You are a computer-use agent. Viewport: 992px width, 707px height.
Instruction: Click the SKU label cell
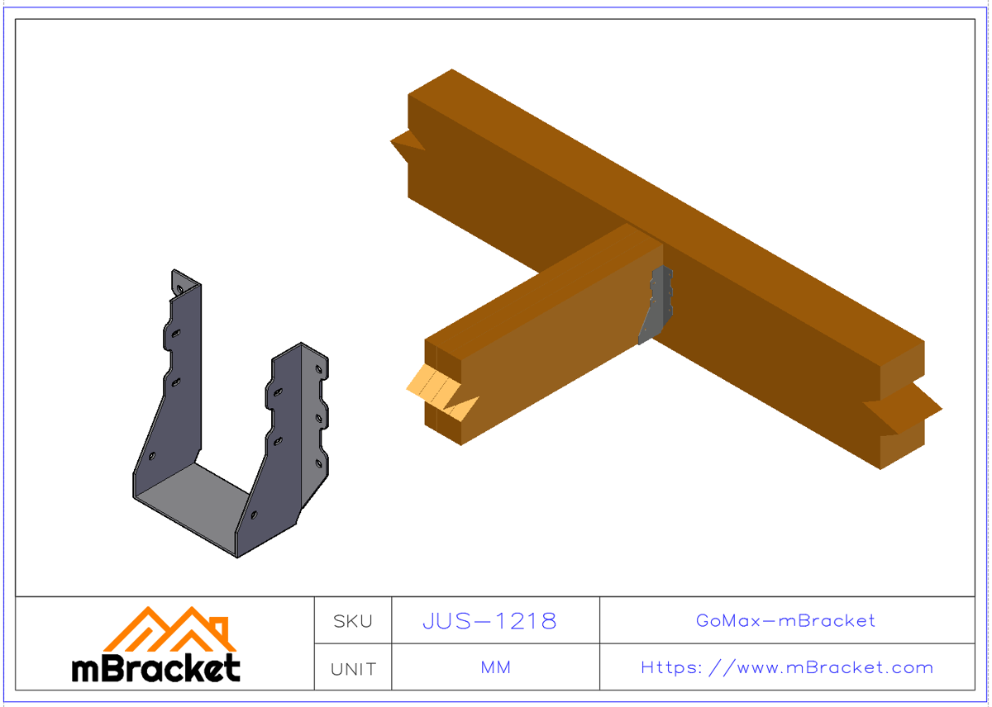click(353, 621)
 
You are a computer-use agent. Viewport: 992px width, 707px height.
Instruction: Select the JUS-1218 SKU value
click(489, 621)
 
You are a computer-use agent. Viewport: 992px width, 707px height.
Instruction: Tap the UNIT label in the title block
click(353, 668)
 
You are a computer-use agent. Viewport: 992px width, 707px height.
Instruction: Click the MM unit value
click(495, 667)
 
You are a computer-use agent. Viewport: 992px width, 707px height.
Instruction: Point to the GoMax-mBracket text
click(785, 620)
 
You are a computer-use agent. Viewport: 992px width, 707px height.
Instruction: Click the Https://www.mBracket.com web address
click(787, 667)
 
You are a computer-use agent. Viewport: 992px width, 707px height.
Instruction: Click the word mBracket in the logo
click(156, 668)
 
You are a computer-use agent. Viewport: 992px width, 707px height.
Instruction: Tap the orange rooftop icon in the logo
click(169, 629)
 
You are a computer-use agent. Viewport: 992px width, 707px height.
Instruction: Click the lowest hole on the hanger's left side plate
click(152, 456)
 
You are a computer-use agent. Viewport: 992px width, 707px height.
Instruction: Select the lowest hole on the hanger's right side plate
click(255, 514)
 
